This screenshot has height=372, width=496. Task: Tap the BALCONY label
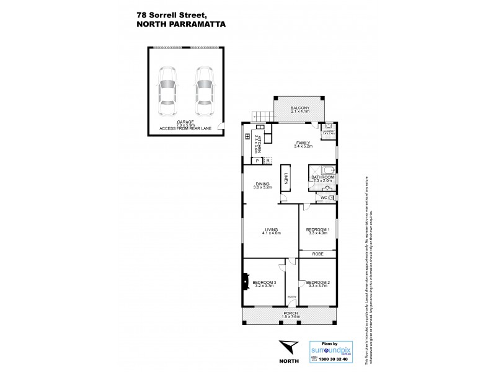pos(300,108)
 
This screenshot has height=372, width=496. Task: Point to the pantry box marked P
pos(255,161)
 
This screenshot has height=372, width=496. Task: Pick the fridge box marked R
pos(267,161)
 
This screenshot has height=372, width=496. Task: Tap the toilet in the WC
pos(331,198)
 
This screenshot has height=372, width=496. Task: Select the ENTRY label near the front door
pos(291,297)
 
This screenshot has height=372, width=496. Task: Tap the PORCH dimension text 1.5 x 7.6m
pos(290,317)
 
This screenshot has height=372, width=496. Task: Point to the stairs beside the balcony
pos(262,115)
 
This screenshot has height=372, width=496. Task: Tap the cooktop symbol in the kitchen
pos(248,136)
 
